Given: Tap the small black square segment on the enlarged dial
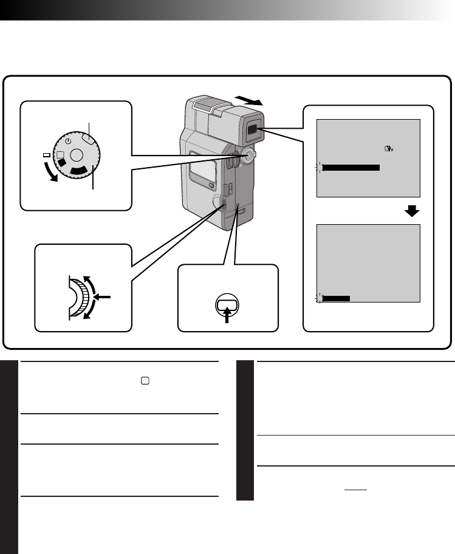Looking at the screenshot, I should click(x=61, y=163).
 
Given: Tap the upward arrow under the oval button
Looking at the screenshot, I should click(x=226, y=316).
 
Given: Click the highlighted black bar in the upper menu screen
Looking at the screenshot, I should click(x=351, y=168).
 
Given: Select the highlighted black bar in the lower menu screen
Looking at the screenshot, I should click(x=336, y=298).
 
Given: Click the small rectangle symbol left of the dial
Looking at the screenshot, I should click(x=46, y=156).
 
